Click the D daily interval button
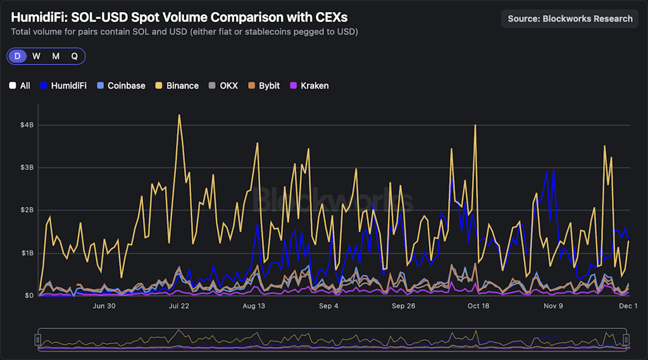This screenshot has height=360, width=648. pos(17,56)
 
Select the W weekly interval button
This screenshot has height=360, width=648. pos(37,56)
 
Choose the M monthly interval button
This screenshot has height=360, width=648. pos(56,56)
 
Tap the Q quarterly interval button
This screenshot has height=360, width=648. pos(74,56)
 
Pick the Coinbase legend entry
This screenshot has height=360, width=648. pos(121,85)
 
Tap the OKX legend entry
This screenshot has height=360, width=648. pos(223,85)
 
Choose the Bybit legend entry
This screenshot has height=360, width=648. pos(264,85)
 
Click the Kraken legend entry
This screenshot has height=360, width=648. pos(309,85)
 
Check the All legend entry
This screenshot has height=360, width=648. pos(20,85)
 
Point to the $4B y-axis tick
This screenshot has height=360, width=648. pos(27,125)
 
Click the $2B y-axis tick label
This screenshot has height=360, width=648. pos(27,210)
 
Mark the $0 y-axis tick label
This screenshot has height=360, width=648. pos(29,295)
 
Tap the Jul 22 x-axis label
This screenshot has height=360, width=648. pos(179,306)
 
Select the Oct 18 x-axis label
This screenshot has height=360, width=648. pos(478,306)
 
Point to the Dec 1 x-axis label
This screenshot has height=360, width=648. pos(628,306)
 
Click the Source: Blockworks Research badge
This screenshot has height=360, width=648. pos(570,19)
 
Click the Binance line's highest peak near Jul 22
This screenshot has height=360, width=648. pos(180,115)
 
